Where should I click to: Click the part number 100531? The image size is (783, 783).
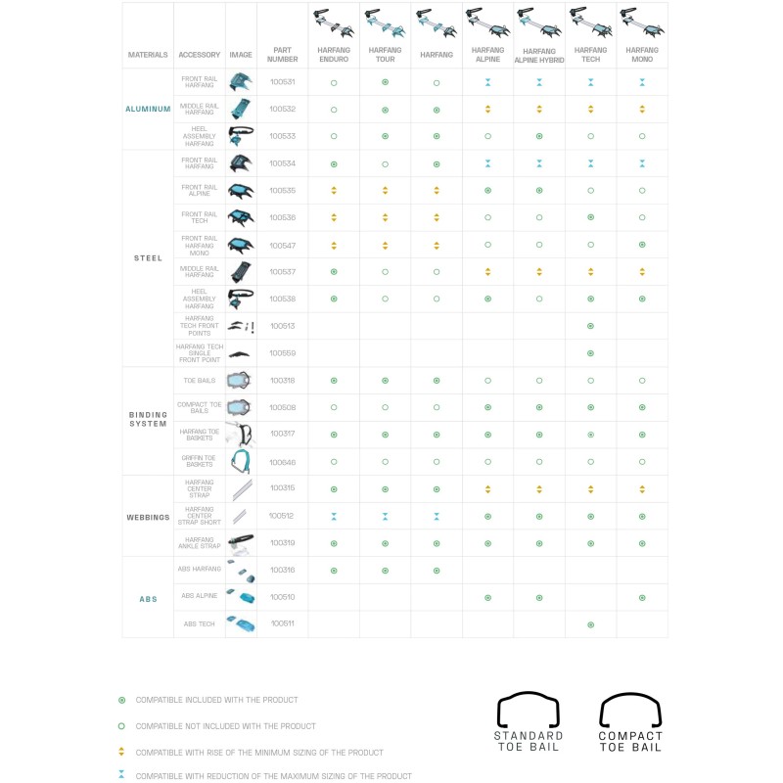282,82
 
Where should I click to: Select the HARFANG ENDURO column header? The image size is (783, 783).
334,54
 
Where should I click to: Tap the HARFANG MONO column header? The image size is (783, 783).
642,54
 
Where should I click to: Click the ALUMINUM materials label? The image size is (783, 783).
148,109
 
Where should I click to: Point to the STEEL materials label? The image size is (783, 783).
148,258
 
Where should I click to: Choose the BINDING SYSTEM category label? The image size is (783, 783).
148,420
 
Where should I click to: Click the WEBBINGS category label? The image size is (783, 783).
148,516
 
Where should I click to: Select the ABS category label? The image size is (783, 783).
148,599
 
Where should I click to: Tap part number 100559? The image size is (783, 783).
282,353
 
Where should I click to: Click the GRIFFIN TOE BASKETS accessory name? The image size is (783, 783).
200,461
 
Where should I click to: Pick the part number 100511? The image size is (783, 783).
282,623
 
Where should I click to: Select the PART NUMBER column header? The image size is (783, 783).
282,55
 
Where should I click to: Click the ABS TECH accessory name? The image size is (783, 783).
200,623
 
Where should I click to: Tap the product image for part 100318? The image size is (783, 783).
240,380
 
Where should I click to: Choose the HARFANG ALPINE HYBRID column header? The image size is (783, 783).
539,55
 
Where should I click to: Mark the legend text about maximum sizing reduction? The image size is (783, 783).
274,776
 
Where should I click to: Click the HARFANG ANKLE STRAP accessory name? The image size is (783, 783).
200,542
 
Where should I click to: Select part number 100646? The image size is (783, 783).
282,461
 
